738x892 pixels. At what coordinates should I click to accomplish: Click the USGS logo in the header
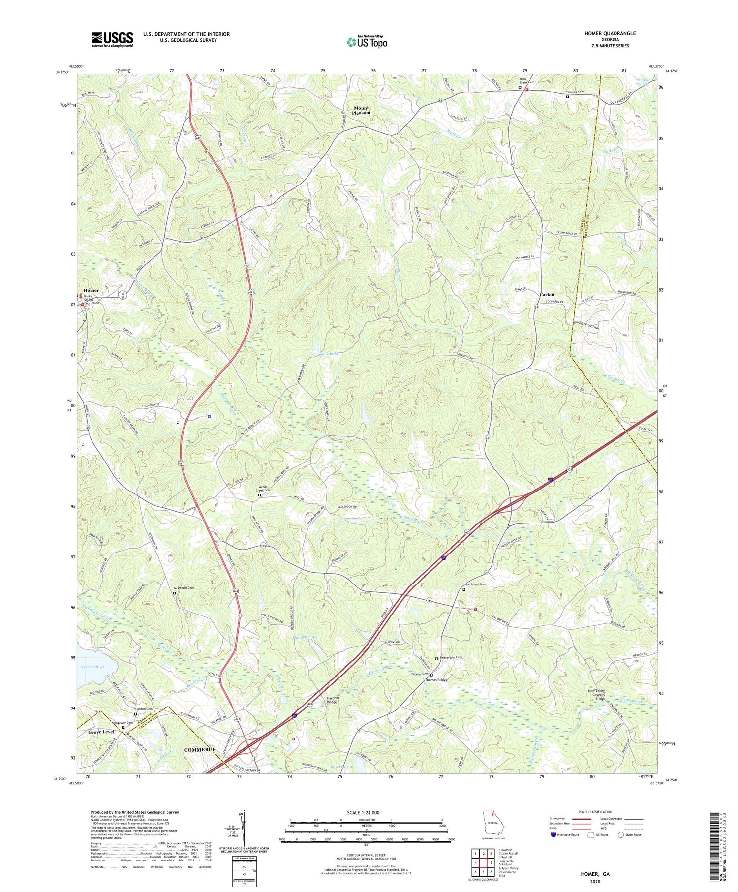tap(112, 39)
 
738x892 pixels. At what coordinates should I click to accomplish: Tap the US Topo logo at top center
tap(367, 41)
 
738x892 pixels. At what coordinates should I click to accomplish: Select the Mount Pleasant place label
tap(361, 110)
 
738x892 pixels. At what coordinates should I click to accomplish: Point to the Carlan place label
tap(547, 294)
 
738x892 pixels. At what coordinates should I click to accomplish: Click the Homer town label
tap(91, 290)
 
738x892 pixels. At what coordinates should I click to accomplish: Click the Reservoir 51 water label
tap(93, 667)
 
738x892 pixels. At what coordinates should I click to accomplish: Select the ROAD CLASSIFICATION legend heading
tap(595, 812)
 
